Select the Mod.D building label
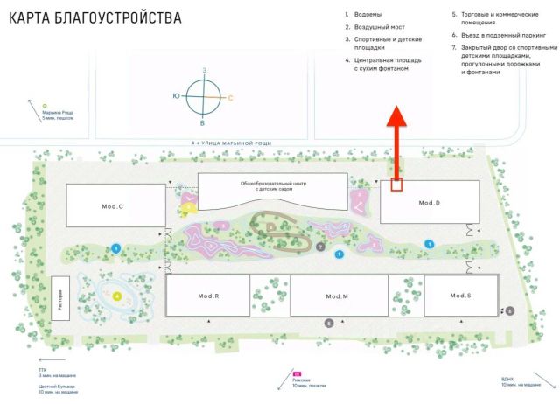(x=429, y=203)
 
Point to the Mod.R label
(x=207, y=296)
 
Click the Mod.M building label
(x=338, y=296)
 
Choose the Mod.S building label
(x=460, y=296)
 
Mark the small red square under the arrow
(x=396, y=185)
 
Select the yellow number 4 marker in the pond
(x=116, y=296)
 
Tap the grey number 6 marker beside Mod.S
(x=510, y=310)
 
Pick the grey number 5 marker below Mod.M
(x=329, y=324)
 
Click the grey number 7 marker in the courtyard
(x=321, y=247)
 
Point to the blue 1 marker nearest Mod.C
(x=116, y=248)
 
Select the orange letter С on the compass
(x=230, y=98)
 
